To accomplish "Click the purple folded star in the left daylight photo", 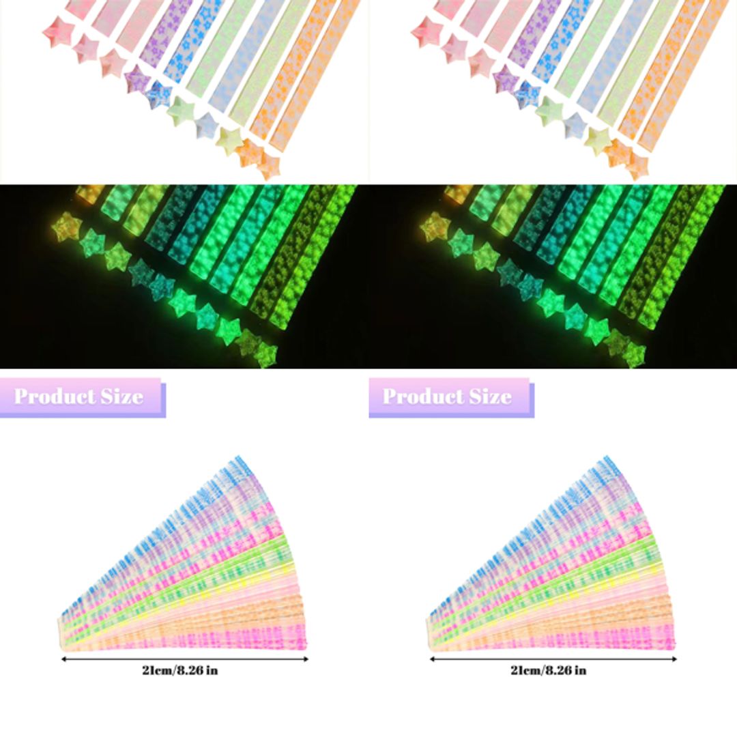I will coord(136,79).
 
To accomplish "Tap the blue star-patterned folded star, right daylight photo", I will coord(528,94).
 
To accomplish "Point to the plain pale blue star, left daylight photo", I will coord(205,126).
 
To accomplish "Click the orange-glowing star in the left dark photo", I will coord(67,227).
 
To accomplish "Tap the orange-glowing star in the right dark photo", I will coord(435,227).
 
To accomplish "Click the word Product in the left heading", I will coord(54,396).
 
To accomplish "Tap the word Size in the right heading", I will coord(487,396).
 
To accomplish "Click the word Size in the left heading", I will coord(119,396).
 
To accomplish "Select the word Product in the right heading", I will coord(422,396).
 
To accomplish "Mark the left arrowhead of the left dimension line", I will coord(63,659).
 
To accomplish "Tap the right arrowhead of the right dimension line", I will coord(675,659).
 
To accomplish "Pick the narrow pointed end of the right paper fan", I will coord(429,624).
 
